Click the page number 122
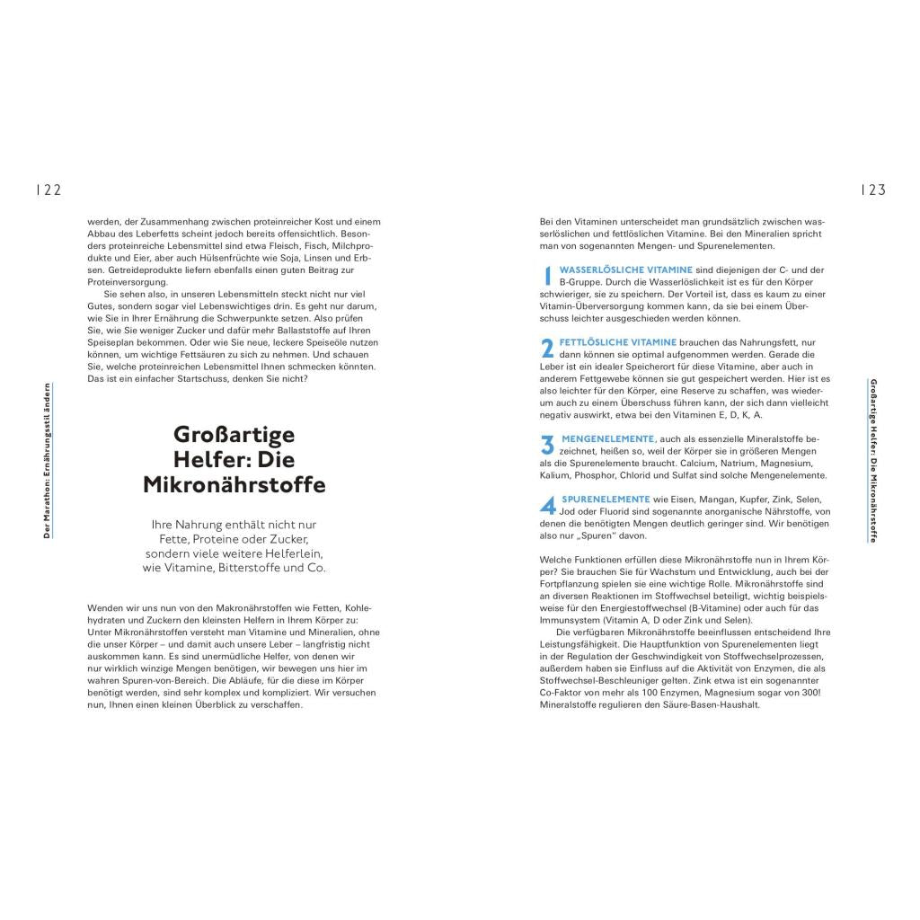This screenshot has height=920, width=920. (48, 190)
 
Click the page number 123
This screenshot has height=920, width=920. (873, 190)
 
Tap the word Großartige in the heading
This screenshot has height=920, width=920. (234, 434)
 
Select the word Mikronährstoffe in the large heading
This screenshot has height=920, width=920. (234, 485)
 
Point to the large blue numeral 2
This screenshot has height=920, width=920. (547, 348)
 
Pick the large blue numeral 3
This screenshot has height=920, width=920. (547, 444)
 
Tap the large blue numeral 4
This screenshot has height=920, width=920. (547, 505)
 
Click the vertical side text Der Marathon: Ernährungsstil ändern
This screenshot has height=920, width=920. (47, 460)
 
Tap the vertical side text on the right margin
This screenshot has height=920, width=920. (873, 460)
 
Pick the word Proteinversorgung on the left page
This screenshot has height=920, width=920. (121, 282)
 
